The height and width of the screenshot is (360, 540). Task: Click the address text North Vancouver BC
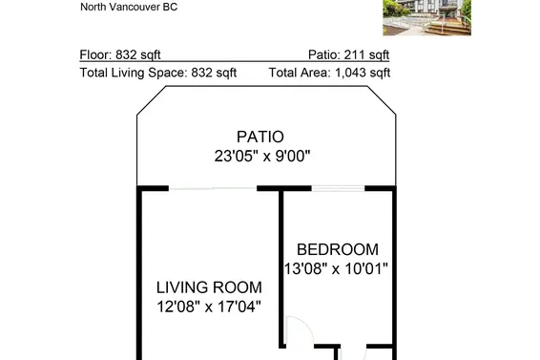click(129, 7)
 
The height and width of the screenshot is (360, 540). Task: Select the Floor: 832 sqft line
click(128, 54)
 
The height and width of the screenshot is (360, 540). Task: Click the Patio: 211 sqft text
click(348, 54)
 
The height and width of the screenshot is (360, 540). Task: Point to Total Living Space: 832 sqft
click(157, 72)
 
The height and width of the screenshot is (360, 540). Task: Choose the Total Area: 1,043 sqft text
click(329, 72)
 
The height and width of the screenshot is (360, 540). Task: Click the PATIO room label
click(263, 137)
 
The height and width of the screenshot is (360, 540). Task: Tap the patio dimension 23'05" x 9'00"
click(263, 155)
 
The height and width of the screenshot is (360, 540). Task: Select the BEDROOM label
click(337, 249)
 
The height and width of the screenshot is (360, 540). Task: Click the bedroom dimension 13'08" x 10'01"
click(337, 268)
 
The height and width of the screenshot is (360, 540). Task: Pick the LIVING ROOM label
click(209, 287)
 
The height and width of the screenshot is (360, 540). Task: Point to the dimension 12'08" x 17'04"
click(209, 307)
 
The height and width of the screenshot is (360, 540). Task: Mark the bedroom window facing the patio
click(338, 188)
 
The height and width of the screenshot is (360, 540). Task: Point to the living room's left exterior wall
click(139, 277)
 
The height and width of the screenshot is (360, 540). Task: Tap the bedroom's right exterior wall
click(394, 267)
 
